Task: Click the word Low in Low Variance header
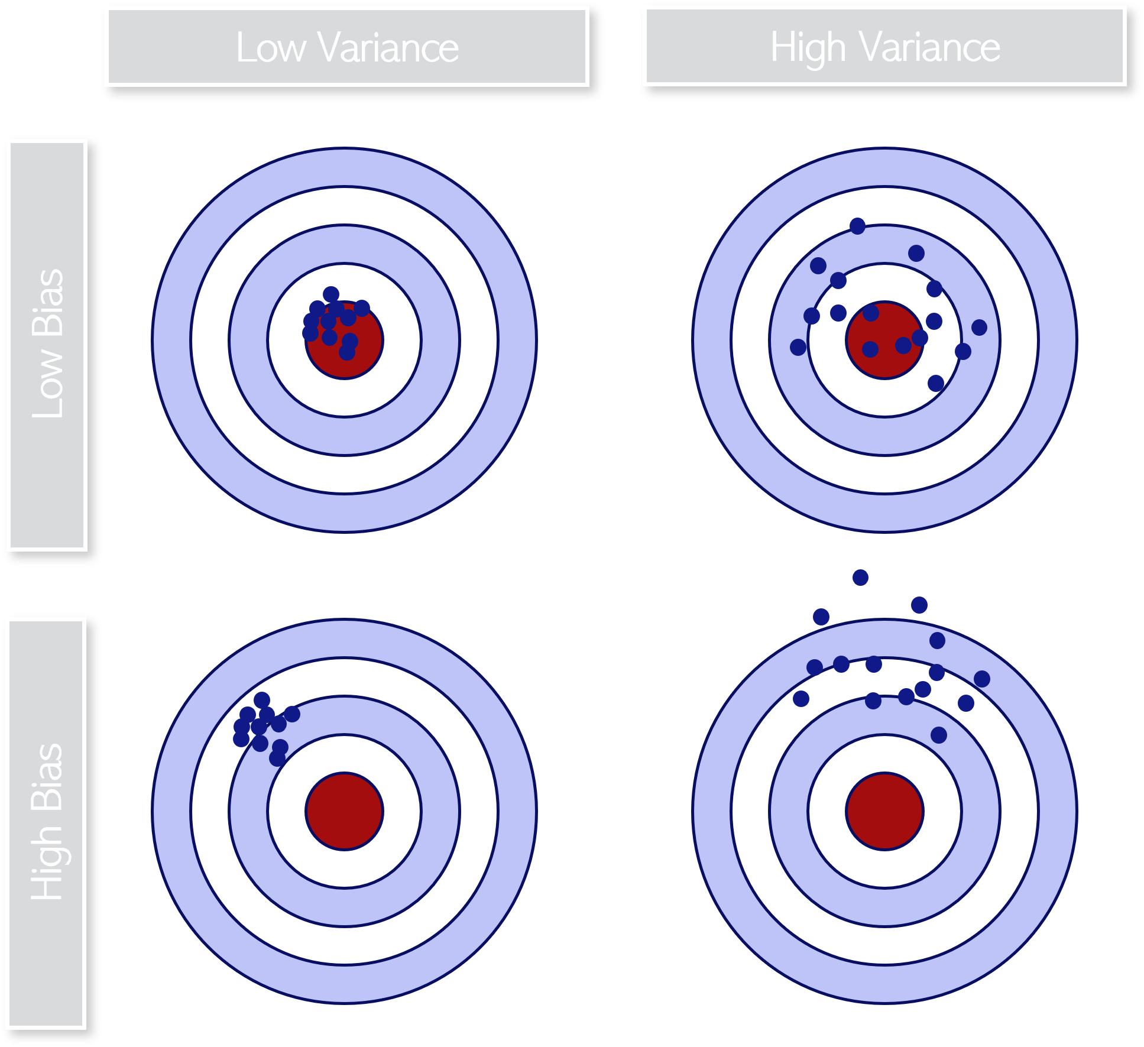270,48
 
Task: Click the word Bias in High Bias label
47,776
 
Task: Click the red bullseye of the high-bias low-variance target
345,811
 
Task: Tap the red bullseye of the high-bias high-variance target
884,811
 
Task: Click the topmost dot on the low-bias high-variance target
857,226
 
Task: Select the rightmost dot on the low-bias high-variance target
979,327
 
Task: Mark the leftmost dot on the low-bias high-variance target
798,347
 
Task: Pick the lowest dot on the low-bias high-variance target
935,384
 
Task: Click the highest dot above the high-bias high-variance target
860,577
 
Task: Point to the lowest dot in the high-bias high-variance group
939,735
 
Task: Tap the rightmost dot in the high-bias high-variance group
981,679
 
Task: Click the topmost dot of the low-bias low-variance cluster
331,294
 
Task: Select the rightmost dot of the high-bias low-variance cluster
292,714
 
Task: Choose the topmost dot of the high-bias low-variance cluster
262,700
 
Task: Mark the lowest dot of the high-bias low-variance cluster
277,758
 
